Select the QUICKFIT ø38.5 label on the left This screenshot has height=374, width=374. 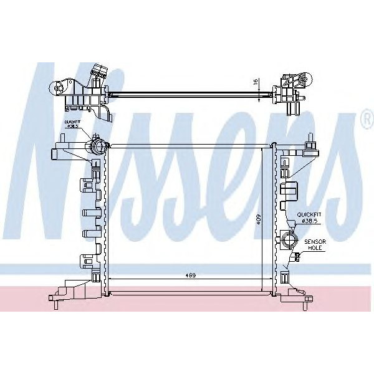tap(72, 123)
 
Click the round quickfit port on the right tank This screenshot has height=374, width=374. tap(288, 239)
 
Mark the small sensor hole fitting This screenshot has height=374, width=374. tap(298, 256)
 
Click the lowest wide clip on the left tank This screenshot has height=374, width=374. tap(85, 261)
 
